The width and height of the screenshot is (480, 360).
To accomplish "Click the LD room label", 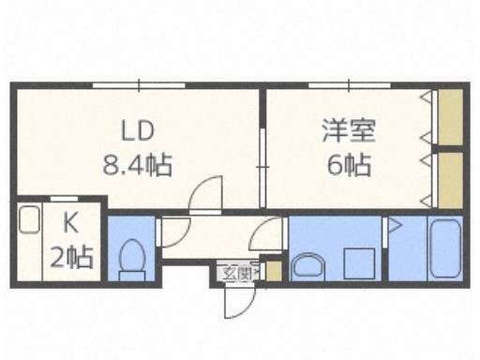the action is [138, 130].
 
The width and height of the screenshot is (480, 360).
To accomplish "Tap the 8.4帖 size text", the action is [138, 165].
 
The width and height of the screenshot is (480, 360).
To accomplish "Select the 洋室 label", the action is [349, 130].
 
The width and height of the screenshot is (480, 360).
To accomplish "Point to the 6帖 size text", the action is [349, 165].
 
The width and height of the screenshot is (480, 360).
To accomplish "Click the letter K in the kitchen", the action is [70, 224].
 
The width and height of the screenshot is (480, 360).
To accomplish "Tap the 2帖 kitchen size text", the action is [71, 258].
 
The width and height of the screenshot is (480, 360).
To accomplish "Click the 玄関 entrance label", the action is [237, 274].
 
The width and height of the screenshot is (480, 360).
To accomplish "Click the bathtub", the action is [444, 247].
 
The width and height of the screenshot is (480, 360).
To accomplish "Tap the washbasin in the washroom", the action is [307, 266].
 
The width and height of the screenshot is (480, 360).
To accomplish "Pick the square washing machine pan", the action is [359, 263].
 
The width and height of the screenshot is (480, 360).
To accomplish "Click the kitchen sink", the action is [29, 219].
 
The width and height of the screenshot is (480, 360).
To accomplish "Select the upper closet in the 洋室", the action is [450, 117].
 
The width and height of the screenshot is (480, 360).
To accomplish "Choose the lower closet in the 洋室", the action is [450, 180].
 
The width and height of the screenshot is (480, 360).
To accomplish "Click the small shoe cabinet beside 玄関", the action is [274, 270].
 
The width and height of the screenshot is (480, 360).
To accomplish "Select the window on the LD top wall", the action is [139, 85].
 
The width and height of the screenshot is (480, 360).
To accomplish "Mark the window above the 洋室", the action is [350, 85].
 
